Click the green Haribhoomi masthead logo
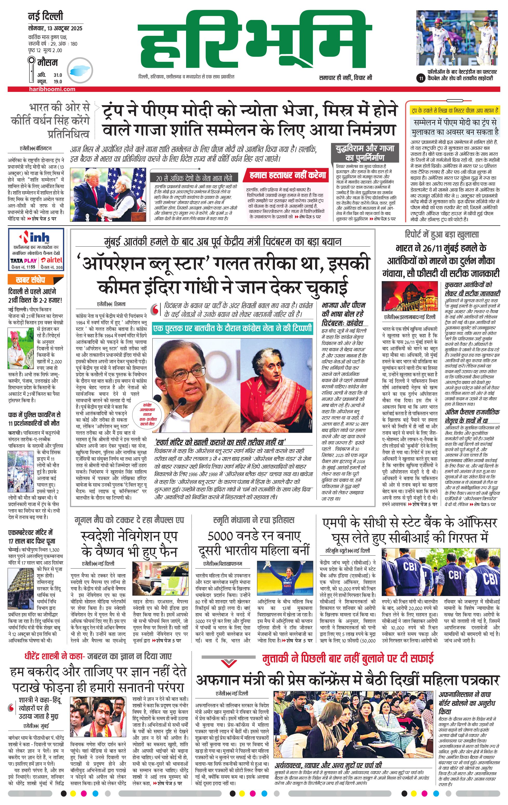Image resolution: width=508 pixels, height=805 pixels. coord(256,40)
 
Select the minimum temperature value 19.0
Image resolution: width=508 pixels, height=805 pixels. coord(58,82)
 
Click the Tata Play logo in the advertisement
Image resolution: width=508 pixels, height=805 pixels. coord(23,260)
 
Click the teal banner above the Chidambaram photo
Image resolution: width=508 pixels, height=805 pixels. coord(232,329)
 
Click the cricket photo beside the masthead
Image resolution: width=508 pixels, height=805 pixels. coord(457,38)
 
